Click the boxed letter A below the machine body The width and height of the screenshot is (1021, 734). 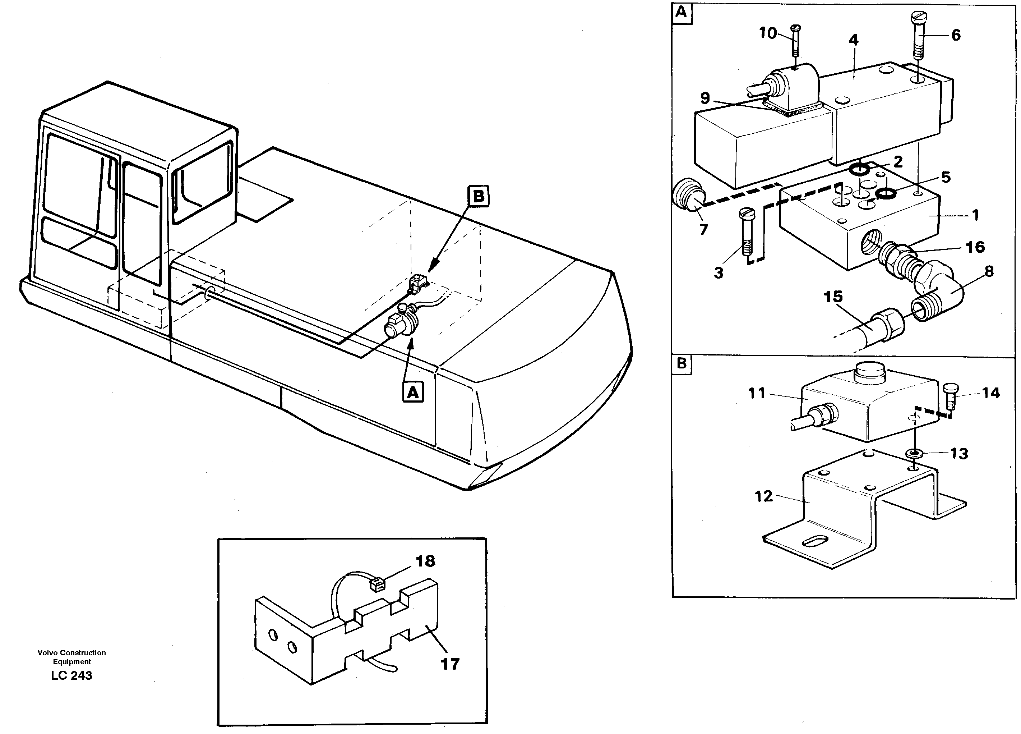(413, 392)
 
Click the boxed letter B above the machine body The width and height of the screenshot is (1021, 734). (478, 196)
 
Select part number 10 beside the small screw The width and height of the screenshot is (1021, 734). (768, 33)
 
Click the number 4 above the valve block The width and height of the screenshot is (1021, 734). (854, 40)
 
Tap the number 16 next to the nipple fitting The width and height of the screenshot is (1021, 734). (975, 247)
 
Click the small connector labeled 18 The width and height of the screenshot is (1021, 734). (377, 584)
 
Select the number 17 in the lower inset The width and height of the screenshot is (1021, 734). (450, 663)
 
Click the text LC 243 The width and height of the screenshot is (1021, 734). (71, 675)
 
